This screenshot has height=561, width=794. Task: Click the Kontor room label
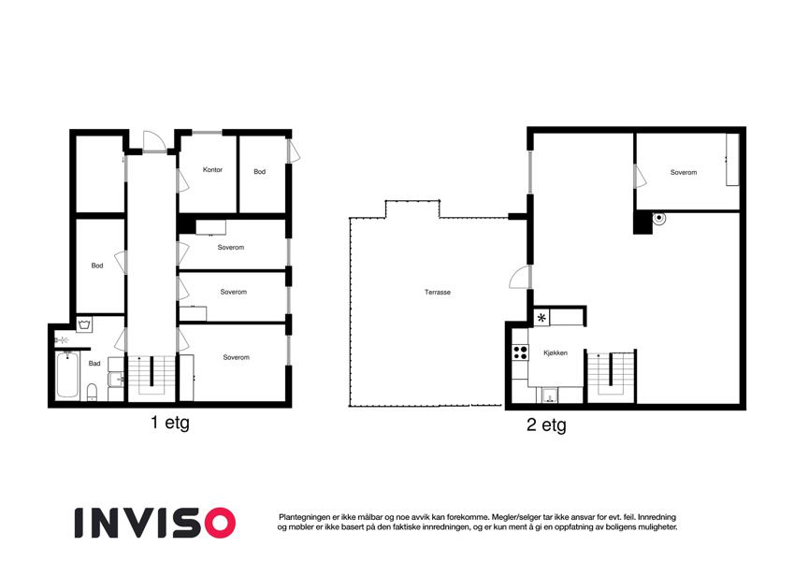(212, 169)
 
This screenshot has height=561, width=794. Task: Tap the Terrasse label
(438, 292)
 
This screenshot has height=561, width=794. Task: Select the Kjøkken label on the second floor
(556, 352)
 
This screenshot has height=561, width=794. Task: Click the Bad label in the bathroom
(94, 363)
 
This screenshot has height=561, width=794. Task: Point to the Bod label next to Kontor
(259, 172)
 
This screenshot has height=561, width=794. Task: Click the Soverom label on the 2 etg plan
(684, 172)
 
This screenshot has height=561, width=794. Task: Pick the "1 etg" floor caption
(169, 423)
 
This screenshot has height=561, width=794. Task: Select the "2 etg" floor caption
(546, 424)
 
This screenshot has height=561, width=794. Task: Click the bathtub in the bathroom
(66, 375)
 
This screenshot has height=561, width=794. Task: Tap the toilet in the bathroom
(93, 392)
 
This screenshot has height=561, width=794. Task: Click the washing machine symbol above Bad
(84, 324)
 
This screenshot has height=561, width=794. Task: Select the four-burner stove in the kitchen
(520, 352)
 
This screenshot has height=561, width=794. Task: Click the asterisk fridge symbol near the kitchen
(541, 318)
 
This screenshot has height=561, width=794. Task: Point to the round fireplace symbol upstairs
(658, 219)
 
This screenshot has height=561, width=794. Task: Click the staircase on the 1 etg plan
(152, 375)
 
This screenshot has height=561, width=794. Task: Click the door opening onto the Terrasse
(520, 278)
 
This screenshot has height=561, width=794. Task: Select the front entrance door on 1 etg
(154, 141)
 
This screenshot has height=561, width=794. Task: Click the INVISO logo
(155, 523)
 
